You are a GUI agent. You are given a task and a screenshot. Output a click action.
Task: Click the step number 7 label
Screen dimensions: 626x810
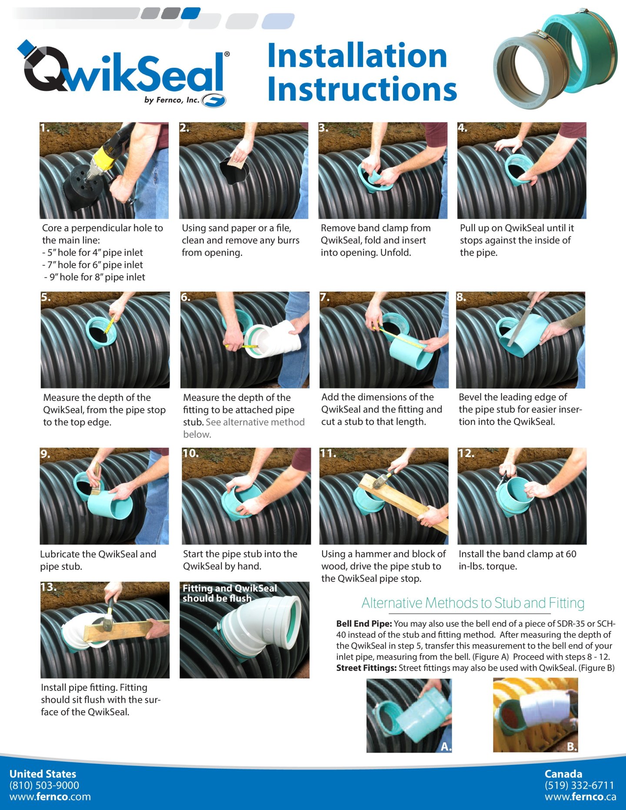pos(325,297)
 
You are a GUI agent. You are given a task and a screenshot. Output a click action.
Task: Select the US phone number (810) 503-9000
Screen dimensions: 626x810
pos(44,785)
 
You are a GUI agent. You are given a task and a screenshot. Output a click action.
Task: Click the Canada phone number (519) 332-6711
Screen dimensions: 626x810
pos(579,785)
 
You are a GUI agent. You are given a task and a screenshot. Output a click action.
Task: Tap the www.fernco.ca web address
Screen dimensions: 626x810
pos(580,797)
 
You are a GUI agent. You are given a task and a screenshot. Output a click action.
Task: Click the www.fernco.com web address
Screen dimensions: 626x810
pos(50,797)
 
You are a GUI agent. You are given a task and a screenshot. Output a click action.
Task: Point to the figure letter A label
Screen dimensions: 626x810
pos(446,747)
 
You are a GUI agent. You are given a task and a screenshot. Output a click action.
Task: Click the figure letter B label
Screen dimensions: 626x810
pos(572,747)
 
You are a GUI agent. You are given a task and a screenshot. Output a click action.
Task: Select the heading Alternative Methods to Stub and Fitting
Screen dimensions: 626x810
pos(473,603)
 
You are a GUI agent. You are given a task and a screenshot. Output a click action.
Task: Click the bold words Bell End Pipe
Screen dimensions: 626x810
pos(364,624)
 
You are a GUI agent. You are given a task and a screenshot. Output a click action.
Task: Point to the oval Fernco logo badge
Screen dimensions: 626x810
pos(214,100)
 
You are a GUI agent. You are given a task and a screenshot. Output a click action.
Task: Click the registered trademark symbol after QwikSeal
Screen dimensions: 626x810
pos(227,54)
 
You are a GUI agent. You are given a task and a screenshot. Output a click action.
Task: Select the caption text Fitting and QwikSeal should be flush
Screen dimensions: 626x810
pos(230,593)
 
